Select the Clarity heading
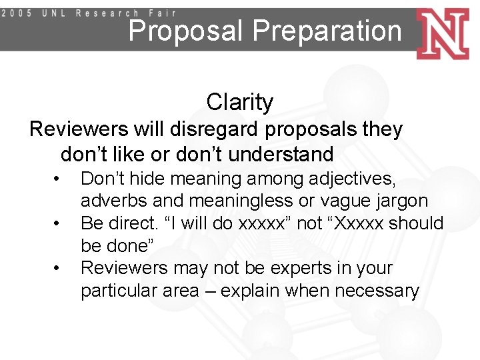(x=239, y=102)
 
